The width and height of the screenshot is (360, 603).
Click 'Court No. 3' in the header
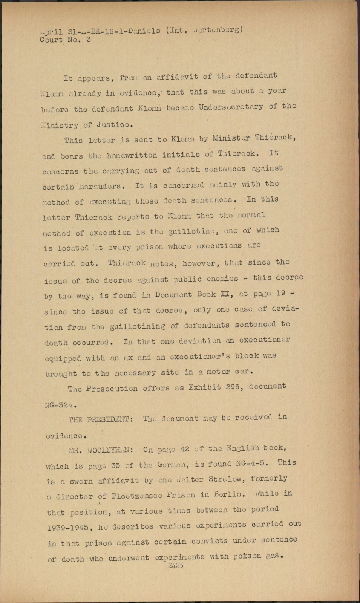(65, 40)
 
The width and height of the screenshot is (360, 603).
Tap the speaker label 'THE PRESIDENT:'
(101, 419)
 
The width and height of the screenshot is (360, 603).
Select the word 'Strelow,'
(230, 479)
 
